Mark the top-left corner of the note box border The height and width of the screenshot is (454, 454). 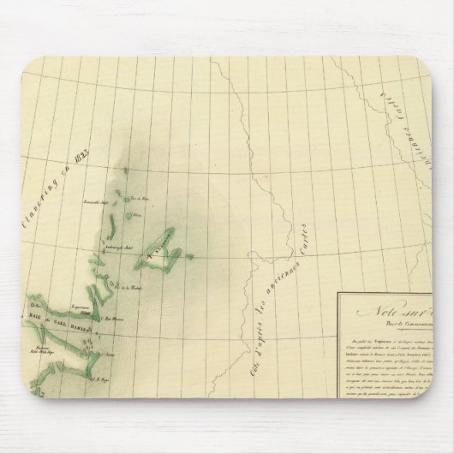337,294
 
